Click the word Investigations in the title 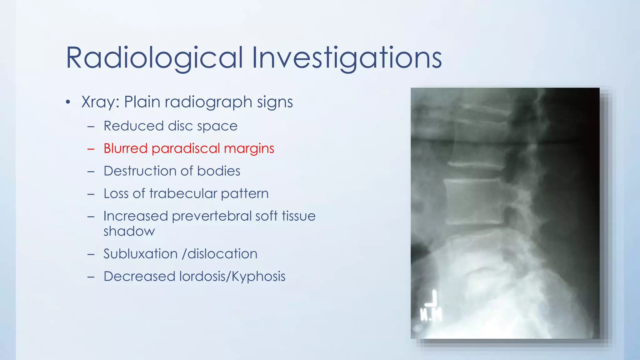click(x=347, y=58)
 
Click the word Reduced click(x=133, y=126)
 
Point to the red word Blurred click(x=125, y=148)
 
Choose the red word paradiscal click(x=186, y=148)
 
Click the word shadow click(x=129, y=231)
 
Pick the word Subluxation click(x=140, y=254)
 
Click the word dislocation click(x=222, y=254)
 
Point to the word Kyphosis click(x=258, y=277)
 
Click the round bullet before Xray click(x=68, y=102)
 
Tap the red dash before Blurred click(x=91, y=149)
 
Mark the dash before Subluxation click(x=91, y=254)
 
